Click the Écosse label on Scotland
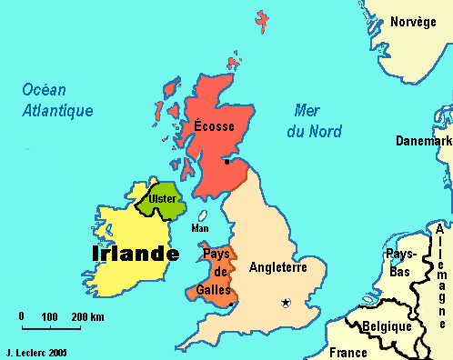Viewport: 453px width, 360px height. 216,126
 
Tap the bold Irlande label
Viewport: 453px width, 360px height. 135,254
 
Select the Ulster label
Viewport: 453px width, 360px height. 163,198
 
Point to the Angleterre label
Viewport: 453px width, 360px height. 278,268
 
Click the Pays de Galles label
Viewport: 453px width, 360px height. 217,272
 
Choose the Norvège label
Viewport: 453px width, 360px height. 413,23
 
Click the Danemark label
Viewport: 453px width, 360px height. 424,141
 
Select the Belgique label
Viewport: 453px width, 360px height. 382,325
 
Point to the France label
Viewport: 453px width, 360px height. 347,352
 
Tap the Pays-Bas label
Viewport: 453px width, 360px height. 400,264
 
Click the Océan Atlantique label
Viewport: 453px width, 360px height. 58,100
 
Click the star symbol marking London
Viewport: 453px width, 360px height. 286,303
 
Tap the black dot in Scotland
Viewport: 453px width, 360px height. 226,162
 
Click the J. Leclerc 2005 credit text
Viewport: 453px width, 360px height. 36,350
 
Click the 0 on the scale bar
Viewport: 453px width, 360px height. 21,316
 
